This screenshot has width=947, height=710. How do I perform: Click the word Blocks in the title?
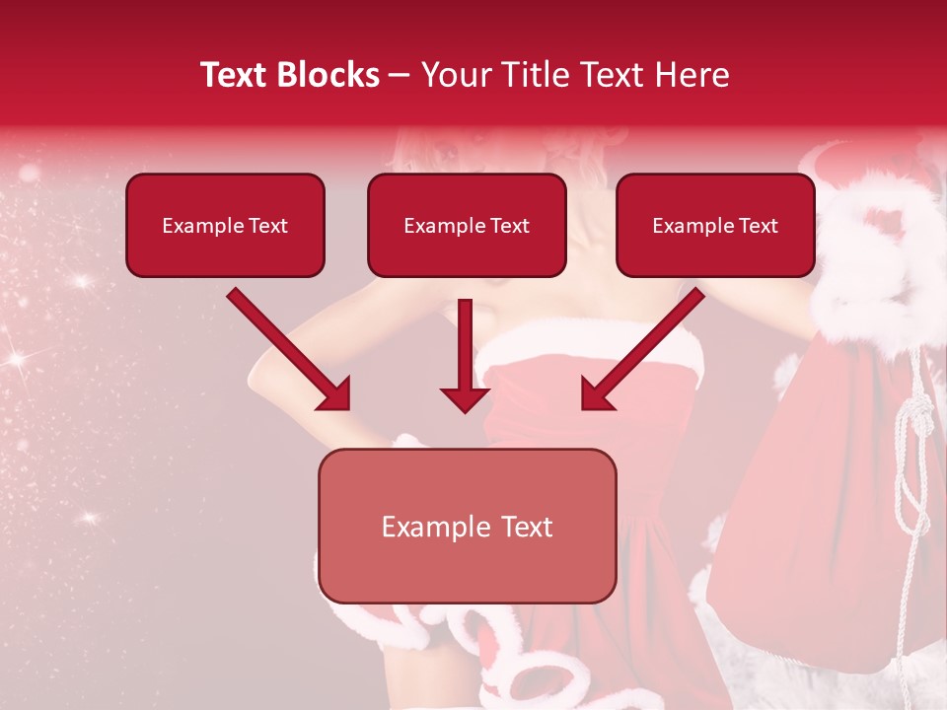(x=328, y=75)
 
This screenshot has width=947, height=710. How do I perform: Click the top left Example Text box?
(x=225, y=226)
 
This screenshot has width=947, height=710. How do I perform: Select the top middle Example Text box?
(x=467, y=226)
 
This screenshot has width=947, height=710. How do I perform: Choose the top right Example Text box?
(x=715, y=226)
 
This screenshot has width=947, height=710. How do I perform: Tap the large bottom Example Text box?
(x=467, y=527)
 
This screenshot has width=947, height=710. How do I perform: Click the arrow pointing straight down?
(x=465, y=355)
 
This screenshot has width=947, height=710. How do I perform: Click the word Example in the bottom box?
(x=427, y=527)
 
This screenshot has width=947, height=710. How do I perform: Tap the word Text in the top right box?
(x=758, y=226)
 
